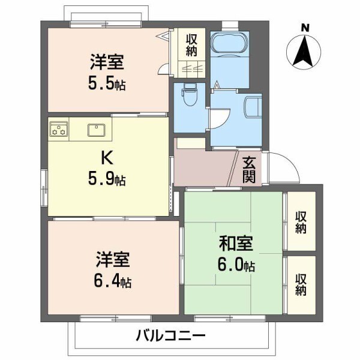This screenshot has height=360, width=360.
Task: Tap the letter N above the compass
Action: (305, 27)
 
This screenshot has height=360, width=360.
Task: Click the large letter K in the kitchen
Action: (106, 157)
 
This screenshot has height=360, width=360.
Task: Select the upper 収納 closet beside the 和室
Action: (301, 221)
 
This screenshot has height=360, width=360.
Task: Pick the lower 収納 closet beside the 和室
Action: (301, 284)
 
